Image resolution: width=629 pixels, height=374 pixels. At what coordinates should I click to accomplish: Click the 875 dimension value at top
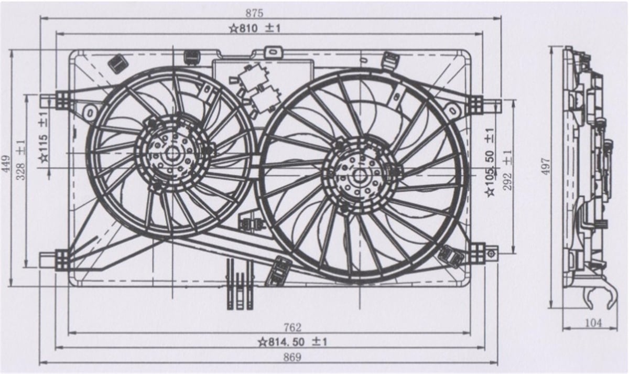point(254,13)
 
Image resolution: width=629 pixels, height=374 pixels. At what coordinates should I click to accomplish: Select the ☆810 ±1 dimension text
point(255,28)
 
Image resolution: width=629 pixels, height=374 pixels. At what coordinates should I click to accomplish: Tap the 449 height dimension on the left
point(6,164)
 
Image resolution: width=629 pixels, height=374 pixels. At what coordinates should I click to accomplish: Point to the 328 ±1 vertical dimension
point(21,160)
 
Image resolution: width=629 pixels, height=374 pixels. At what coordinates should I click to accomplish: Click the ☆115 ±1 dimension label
point(44,137)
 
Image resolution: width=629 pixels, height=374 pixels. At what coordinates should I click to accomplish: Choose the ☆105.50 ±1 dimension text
point(490,162)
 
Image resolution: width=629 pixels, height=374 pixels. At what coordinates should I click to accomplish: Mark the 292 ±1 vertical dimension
point(507,170)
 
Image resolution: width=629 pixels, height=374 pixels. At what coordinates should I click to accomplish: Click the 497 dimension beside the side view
point(546,166)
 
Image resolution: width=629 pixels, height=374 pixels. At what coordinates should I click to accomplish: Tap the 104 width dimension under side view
point(593,323)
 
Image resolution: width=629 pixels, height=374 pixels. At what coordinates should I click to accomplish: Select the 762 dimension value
point(292,327)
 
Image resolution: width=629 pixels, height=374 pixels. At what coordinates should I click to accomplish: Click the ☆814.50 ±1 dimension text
point(293,342)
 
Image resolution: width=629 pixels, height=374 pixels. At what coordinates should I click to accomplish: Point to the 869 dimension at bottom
point(292,357)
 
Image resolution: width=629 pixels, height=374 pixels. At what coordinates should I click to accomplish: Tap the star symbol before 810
point(234,29)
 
